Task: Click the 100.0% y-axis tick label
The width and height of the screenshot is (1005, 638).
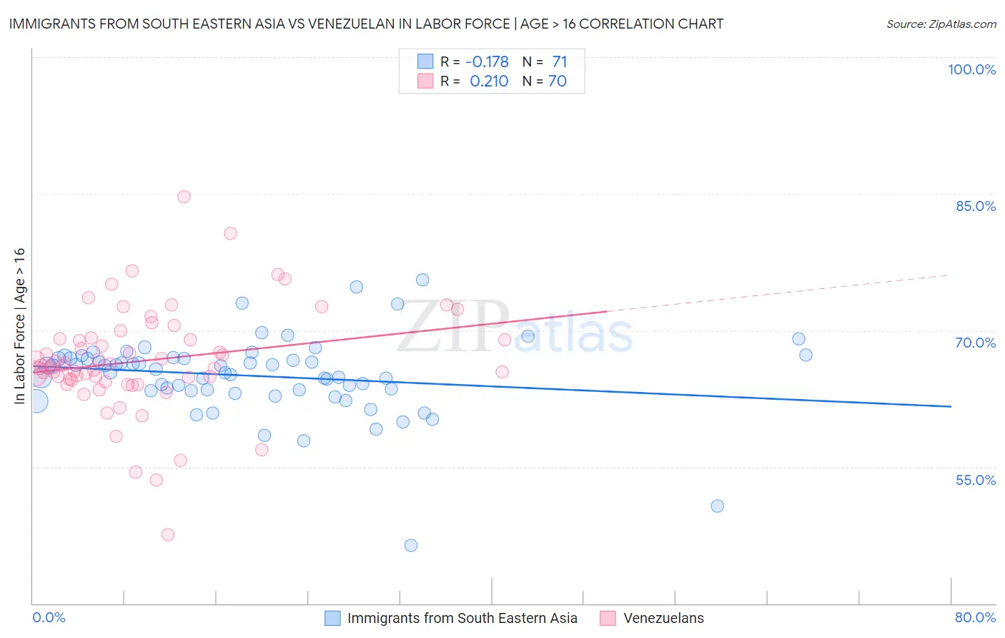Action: [971, 69]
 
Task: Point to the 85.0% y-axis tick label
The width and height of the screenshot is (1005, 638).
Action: [975, 206]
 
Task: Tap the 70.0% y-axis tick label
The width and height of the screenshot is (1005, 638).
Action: [975, 343]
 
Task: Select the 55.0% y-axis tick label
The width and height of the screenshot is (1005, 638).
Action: [975, 480]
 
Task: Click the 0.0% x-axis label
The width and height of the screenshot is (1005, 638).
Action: [49, 617]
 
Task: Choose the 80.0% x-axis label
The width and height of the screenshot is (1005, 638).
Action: [975, 617]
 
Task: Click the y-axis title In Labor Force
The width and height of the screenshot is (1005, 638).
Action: [19, 326]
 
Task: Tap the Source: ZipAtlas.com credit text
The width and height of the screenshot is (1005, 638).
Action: [941, 24]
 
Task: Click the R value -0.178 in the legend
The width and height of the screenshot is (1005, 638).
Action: [487, 62]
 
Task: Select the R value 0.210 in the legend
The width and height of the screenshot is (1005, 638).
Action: [489, 81]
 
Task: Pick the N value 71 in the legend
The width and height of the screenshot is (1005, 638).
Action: [559, 62]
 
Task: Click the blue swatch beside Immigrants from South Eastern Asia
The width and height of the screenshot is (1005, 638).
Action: [332, 618]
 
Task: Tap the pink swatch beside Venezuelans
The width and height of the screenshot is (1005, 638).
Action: [608, 618]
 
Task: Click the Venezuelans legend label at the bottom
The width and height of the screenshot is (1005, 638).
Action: [663, 618]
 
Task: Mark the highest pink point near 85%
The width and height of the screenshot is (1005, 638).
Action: [184, 197]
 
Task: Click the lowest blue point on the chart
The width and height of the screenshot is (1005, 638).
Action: [411, 545]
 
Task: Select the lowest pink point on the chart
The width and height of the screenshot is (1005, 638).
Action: [168, 534]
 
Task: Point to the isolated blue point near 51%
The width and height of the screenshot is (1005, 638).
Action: [717, 506]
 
